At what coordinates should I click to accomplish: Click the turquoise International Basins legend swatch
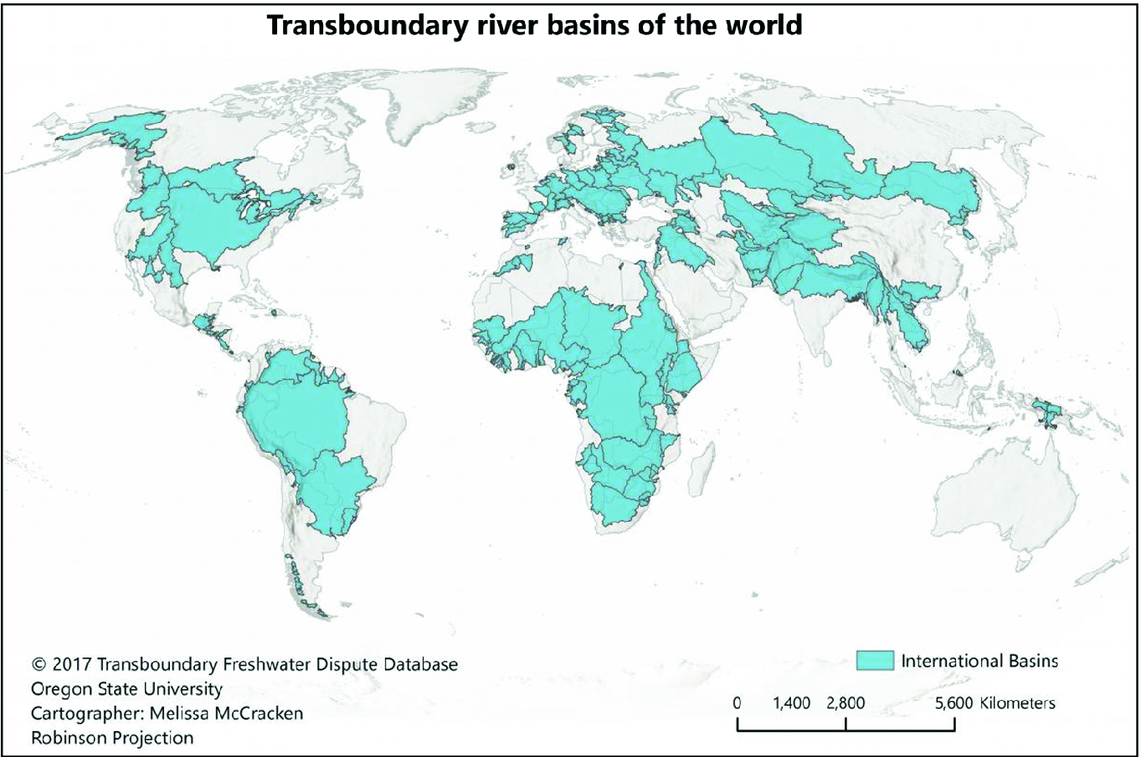(875, 660)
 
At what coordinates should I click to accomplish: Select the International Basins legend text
(979, 661)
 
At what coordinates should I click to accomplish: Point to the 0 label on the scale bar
(737, 703)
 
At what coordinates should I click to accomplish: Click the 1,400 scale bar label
(791, 703)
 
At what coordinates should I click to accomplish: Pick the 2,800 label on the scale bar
(845, 703)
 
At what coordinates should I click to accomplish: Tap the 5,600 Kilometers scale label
(995, 703)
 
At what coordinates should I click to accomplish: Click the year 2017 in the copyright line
(72, 665)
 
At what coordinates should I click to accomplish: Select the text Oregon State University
(126, 689)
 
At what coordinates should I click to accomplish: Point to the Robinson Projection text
(112, 738)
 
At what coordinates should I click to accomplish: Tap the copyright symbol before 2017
(38, 665)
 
